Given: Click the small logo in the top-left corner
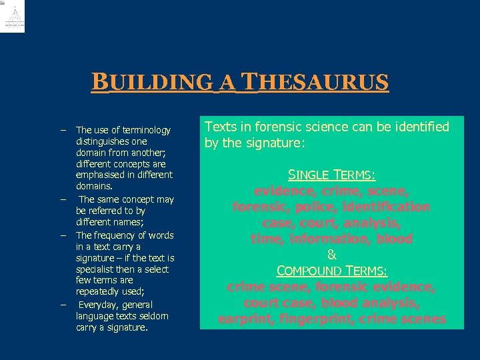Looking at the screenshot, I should (13, 16).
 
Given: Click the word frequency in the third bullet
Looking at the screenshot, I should (113, 235).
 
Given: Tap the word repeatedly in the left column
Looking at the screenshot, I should (100, 291).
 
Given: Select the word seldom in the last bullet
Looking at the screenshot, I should (155, 316).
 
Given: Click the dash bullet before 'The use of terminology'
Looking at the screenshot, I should (61, 130).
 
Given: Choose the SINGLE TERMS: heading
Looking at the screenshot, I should (332, 175).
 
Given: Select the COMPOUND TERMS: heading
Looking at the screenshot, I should (332, 271).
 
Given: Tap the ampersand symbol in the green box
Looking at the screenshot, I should (332, 255).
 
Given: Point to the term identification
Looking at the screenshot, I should (386, 207).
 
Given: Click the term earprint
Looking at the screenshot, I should (245, 319).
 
